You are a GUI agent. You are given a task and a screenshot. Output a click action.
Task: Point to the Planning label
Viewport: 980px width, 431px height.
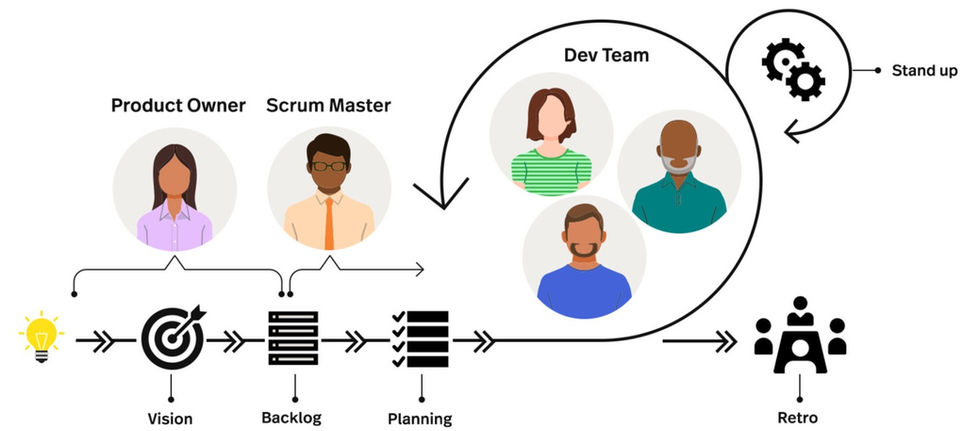[x=420, y=418]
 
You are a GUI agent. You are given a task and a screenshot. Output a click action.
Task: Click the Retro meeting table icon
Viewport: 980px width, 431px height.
[x=799, y=337]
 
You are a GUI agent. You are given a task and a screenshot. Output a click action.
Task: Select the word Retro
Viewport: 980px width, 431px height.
[x=799, y=417]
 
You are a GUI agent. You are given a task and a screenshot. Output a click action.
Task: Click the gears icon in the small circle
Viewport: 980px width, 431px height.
[x=793, y=70]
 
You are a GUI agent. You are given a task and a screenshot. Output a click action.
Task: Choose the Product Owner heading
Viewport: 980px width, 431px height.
[x=178, y=105]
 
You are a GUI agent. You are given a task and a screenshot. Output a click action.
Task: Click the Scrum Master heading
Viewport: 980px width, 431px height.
[x=329, y=105]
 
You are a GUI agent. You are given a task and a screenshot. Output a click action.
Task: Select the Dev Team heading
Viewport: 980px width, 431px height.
[x=606, y=55]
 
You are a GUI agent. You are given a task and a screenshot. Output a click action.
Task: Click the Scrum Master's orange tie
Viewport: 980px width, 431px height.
[x=328, y=220]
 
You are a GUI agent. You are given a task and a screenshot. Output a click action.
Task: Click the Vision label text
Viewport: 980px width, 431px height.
[x=172, y=418]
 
